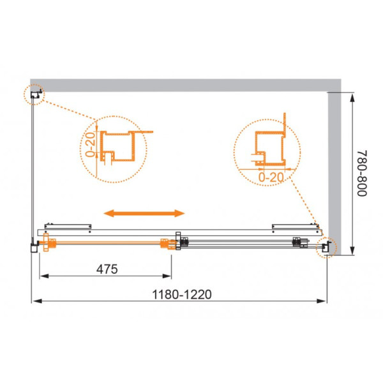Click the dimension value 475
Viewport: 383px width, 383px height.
point(107,269)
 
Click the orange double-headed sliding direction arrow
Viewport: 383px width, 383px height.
point(145,213)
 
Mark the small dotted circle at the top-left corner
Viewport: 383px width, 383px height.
point(35,95)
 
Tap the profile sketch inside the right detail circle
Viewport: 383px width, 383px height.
point(268,144)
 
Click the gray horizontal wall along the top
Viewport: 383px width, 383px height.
point(185,85)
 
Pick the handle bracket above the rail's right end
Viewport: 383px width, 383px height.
point(295,225)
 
